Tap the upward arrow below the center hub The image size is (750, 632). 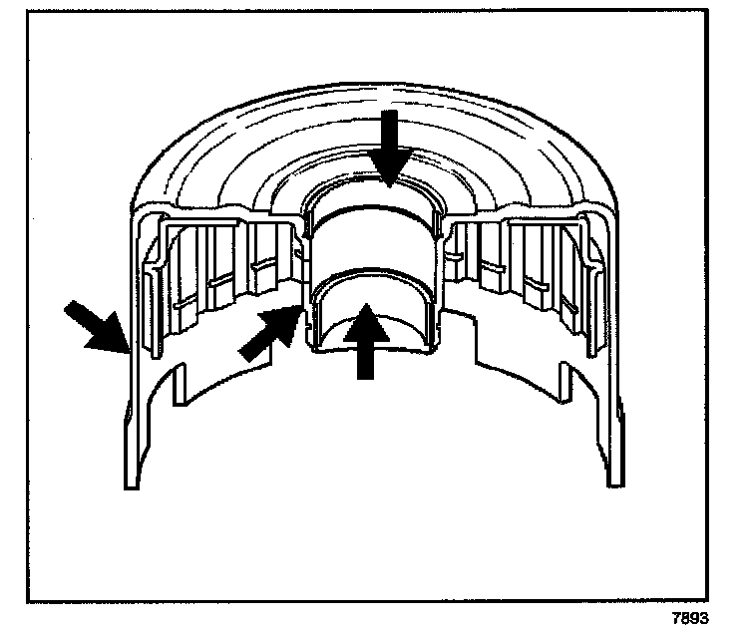click(x=368, y=341)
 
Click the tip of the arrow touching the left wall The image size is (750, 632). click(x=126, y=349)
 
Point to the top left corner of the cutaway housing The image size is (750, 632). click(x=138, y=211)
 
